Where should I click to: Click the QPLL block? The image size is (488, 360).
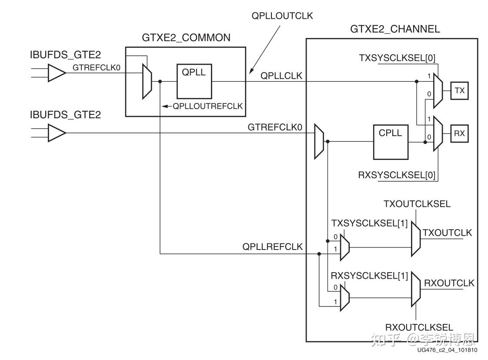pos(194,82)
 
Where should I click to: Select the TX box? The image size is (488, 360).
pos(459,90)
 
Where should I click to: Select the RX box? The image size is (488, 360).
pos(459,133)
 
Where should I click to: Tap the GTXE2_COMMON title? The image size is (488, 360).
pos(186,38)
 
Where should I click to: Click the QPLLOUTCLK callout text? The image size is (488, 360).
pos(282,16)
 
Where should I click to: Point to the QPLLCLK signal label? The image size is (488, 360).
pos(281,77)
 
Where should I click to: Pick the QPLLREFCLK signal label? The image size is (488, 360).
pos(272,247)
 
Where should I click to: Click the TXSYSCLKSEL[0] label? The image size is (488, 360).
pos(397,58)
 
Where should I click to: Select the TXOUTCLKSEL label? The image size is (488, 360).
pos(417,204)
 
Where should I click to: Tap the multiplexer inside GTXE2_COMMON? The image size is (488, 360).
pos(147,81)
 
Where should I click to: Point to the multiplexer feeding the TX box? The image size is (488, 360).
pos(438,90)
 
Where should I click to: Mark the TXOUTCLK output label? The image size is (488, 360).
pos(447,233)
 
